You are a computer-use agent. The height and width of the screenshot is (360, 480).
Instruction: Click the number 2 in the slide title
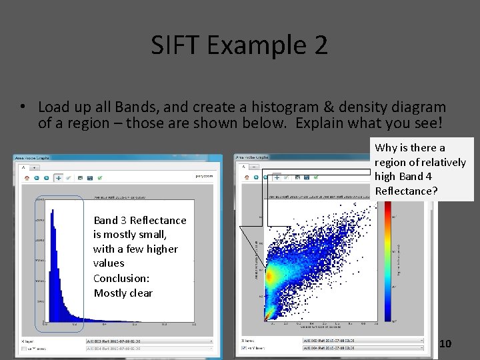coord(319,45)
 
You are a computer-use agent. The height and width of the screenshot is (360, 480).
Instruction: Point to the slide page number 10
coord(445,343)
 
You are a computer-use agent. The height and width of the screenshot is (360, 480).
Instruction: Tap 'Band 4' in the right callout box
coord(415,177)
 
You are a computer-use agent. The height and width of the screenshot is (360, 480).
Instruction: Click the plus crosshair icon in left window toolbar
coord(58,178)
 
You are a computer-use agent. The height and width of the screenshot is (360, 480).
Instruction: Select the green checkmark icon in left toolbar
coord(99,178)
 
